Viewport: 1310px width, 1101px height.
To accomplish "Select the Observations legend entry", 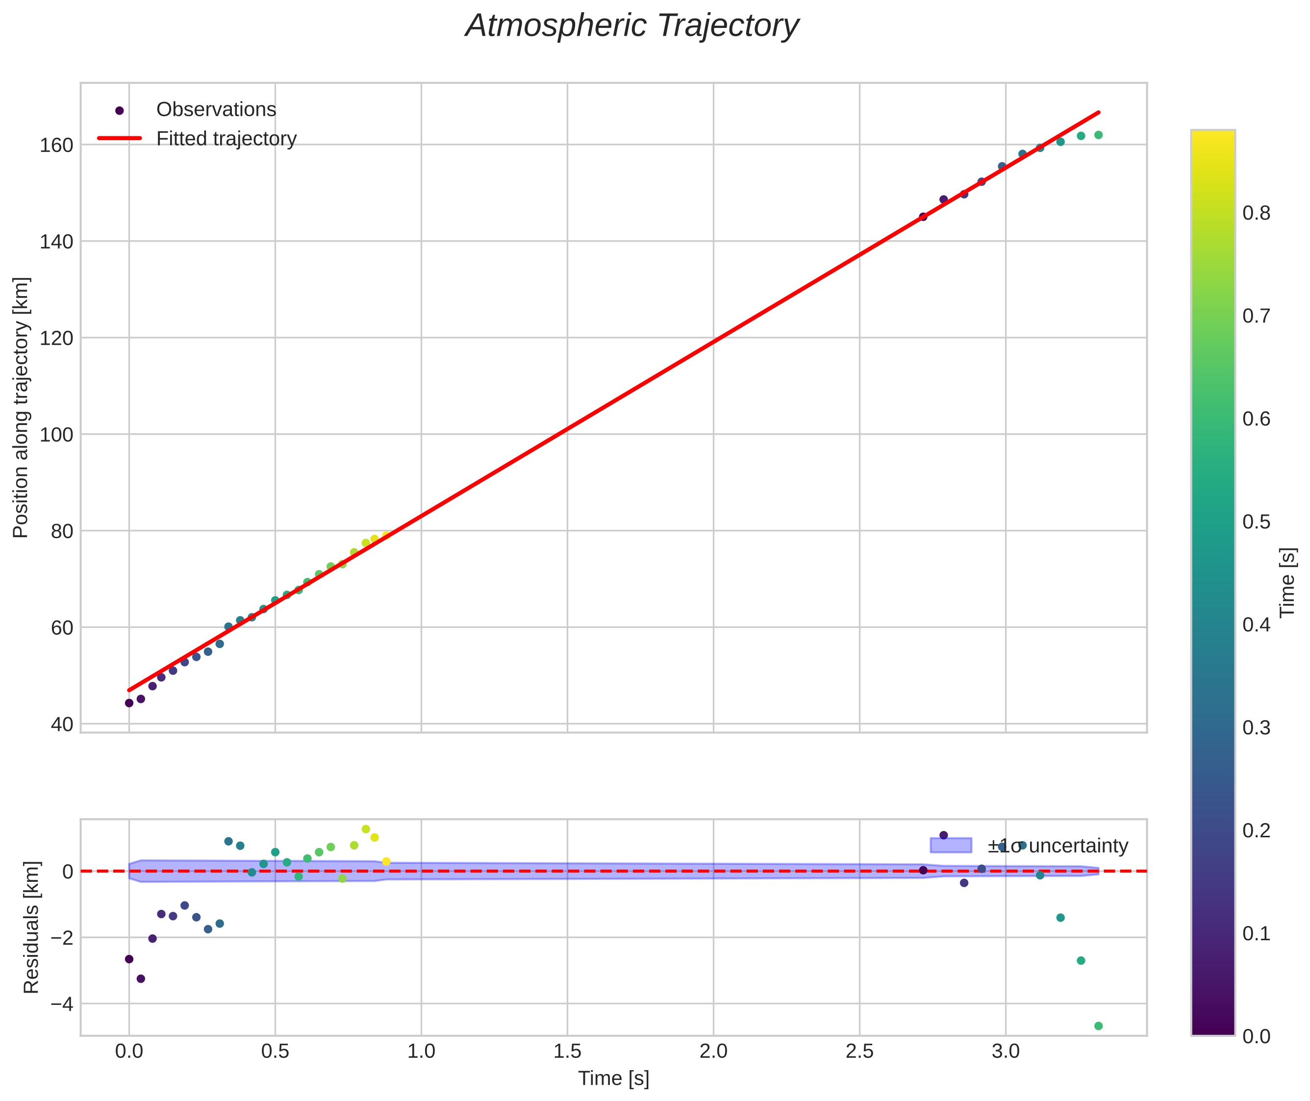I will tap(215, 110).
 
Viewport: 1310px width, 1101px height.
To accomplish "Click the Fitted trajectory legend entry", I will tap(226, 139).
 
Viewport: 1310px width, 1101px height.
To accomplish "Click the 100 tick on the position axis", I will tap(56, 434).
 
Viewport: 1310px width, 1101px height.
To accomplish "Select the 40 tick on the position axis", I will tap(61, 724).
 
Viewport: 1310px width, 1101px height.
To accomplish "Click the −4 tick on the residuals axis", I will tap(60, 1004).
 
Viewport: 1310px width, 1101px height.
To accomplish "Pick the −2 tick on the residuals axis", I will tap(60, 937).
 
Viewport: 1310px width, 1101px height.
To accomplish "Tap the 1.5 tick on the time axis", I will tap(567, 1051).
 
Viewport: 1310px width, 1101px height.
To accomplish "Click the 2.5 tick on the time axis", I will tap(859, 1051).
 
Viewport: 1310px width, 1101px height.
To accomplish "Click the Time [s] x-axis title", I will tap(613, 1078).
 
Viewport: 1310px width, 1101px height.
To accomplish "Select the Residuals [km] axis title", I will tap(31, 927).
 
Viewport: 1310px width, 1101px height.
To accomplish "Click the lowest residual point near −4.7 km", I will tap(1098, 1026).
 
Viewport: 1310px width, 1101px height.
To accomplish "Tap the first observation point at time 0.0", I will tap(129, 703).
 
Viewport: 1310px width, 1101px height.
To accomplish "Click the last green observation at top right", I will tap(1098, 135).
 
